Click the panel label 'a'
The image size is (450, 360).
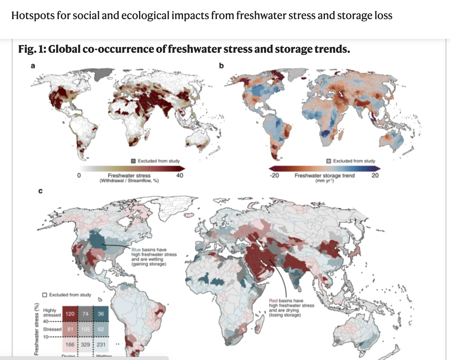tap(33, 66)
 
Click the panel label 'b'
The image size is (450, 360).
tap(221, 66)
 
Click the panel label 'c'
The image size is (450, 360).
tap(40, 191)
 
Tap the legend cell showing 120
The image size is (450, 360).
tap(70, 314)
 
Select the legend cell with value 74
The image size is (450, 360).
tap(85, 314)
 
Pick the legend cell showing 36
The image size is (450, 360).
tap(100, 314)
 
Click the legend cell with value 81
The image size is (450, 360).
tap(70, 329)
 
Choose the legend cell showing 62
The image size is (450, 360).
tap(100, 329)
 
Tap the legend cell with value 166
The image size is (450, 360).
tap(70, 345)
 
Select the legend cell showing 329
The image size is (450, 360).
tap(85, 345)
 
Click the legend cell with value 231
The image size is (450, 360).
tap(100, 345)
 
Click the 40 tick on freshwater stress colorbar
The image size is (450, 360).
tap(180, 175)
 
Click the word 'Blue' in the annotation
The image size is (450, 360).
tap(136, 250)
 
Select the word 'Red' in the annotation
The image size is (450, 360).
tap(273, 301)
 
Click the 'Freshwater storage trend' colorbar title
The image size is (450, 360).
tap(324, 175)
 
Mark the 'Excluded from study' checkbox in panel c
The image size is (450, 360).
tap(45, 295)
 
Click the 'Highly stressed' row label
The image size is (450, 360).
tap(52, 312)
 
